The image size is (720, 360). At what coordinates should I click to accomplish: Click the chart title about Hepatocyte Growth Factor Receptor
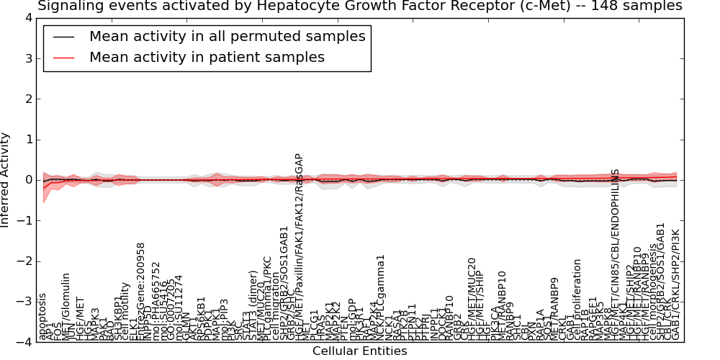click(359, 6)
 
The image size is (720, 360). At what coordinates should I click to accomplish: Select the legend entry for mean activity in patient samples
click(207, 58)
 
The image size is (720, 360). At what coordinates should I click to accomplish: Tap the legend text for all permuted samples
click(227, 37)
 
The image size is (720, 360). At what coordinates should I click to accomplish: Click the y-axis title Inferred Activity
click(6, 180)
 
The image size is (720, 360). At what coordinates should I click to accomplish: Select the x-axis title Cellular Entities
click(359, 351)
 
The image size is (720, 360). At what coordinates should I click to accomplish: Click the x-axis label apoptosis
click(42, 316)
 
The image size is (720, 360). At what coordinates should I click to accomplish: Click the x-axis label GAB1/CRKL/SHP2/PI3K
click(675, 285)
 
